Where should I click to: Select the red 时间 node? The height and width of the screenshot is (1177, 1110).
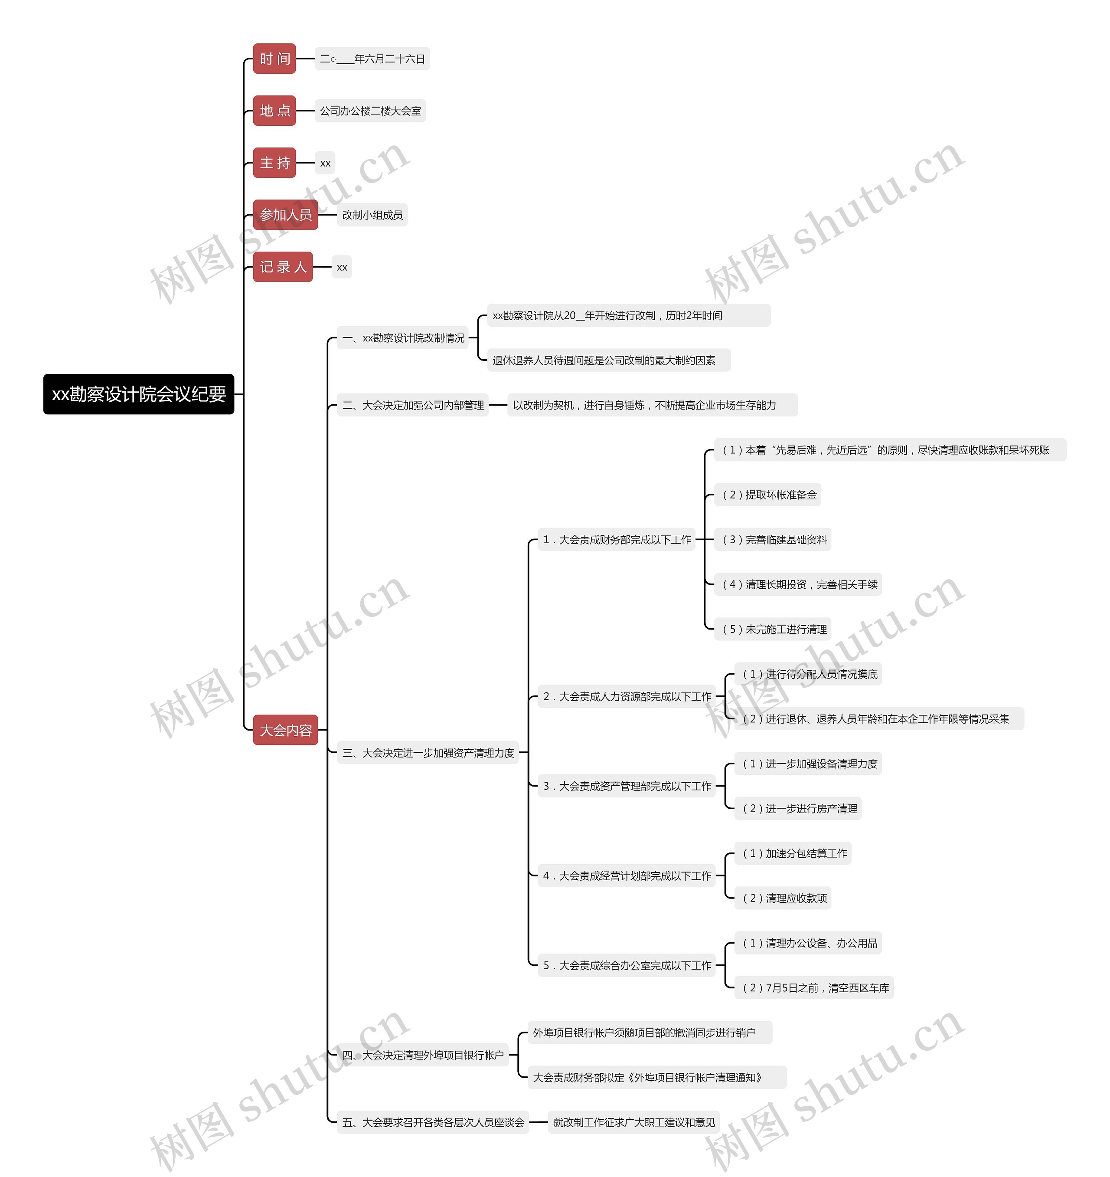(x=274, y=59)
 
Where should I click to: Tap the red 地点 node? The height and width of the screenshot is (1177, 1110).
(x=274, y=111)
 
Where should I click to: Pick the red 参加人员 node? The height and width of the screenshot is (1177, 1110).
(x=285, y=215)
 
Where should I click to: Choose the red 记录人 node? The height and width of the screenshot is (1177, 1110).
(x=283, y=267)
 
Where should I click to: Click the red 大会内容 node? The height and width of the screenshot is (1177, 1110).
(x=285, y=730)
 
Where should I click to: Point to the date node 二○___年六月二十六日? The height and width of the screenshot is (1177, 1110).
(x=372, y=59)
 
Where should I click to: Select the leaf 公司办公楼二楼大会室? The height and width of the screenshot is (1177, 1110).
(x=370, y=111)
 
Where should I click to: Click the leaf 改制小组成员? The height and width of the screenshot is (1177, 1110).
(x=372, y=215)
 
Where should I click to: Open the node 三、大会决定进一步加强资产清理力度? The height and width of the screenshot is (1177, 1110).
(x=428, y=753)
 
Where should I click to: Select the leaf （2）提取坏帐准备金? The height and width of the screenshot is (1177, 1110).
(x=769, y=495)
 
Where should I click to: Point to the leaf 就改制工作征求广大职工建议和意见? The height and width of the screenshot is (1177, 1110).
(x=633, y=1122)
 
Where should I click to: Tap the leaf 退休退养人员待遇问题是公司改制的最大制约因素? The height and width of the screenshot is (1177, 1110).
(x=609, y=361)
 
